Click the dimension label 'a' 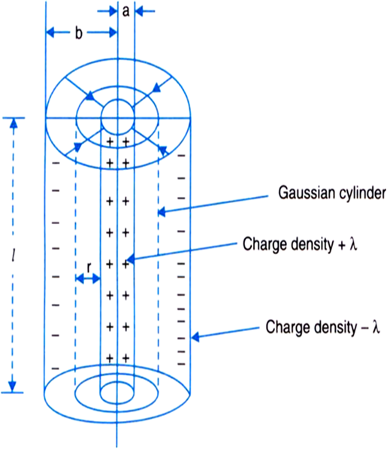click(125, 11)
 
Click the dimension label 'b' click(79, 32)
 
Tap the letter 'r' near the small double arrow click(89, 268)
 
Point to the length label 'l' click(14, 255)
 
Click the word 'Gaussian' click(303, 193)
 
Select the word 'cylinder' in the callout click(358, 193)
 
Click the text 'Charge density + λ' click(300, 244)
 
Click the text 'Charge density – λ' click(322, 326)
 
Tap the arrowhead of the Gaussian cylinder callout click(162, 212)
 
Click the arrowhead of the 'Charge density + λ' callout click(131, 259)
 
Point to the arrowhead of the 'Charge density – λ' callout click(195, 337)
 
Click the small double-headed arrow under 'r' click(88, 278)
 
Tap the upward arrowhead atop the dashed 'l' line click(14, 123)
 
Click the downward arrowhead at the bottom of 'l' click(13, 387)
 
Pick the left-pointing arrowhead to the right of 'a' click(139, 11)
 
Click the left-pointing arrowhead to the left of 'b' click(50, 32)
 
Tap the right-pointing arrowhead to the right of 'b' click(113, 32)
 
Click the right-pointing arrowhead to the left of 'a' click(113, 11)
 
